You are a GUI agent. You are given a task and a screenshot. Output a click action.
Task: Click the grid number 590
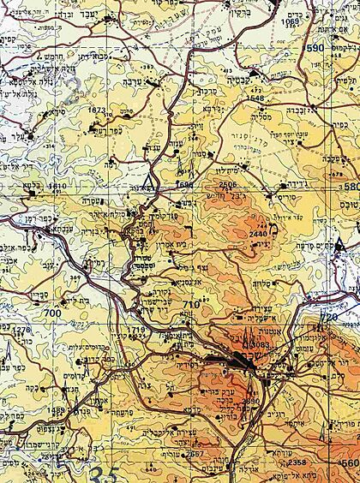(339, 49)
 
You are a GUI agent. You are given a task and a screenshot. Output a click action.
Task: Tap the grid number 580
(350, 187)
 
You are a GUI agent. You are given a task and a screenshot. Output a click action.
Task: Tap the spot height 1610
(57, 186)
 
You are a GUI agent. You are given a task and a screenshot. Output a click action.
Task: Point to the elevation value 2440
(235, 232)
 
